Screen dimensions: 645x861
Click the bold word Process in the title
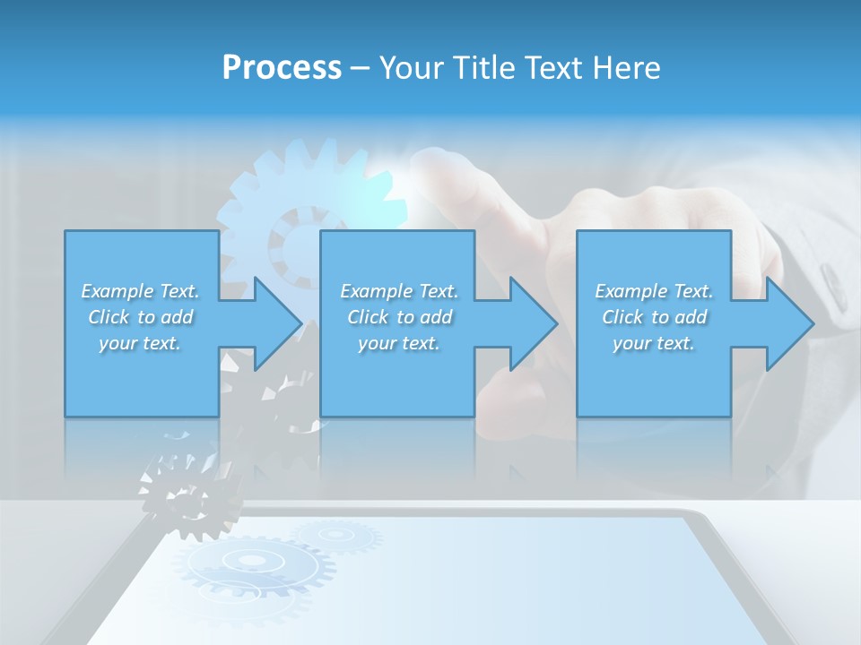282,68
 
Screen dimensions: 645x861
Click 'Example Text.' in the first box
140,291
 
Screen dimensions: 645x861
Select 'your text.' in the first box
140,343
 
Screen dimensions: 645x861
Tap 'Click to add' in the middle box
399,317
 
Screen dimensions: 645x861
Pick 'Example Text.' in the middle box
399,291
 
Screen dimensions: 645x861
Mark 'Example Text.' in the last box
654,291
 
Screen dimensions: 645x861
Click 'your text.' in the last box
654,343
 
